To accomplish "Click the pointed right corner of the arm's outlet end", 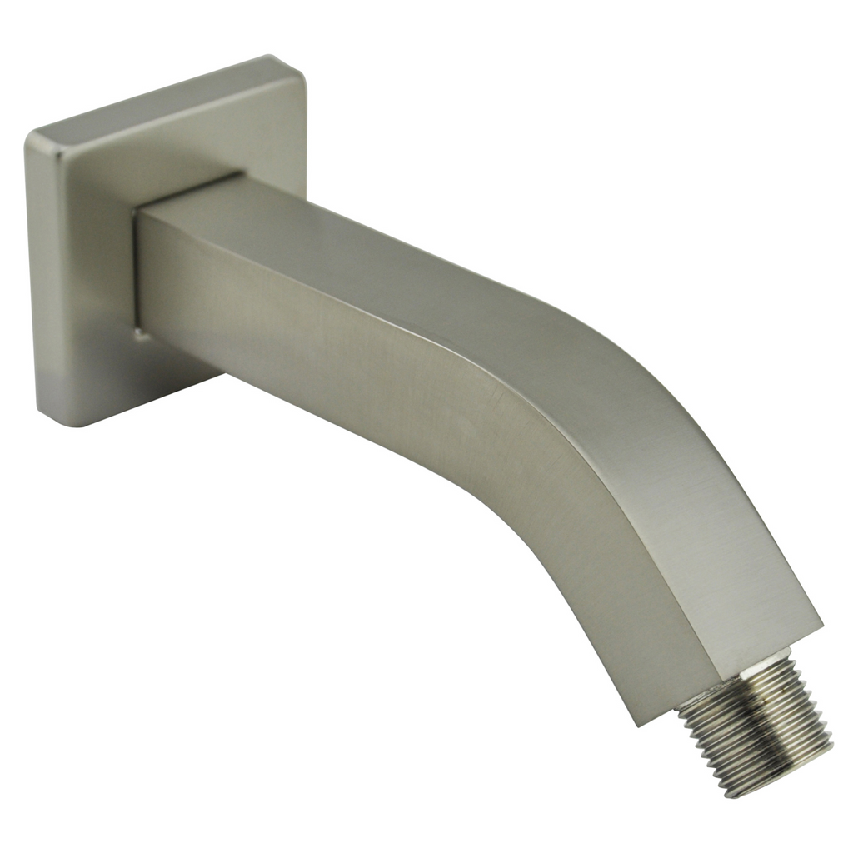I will click(821, 621).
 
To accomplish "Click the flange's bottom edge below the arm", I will click(167, 392).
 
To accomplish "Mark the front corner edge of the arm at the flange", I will click(137, 267).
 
